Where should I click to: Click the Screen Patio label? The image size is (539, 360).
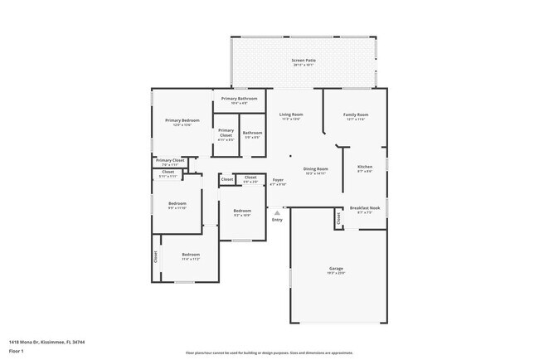pos(303,61)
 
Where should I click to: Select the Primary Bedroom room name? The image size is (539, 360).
pos(182,120)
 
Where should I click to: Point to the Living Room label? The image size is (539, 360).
pos(290,114)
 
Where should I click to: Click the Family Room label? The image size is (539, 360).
pos(356,114)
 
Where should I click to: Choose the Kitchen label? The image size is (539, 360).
pos(365,167)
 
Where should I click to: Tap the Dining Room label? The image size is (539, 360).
pos(315,168)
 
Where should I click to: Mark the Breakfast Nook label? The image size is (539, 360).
pos(365,208)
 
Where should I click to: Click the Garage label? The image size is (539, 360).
pos(337,269)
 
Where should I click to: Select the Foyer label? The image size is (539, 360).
pos(278,180)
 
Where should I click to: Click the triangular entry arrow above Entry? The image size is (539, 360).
pos(277,212)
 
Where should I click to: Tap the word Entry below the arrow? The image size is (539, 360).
pos(277,220)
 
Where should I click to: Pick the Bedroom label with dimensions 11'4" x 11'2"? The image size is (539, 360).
pos(191,255)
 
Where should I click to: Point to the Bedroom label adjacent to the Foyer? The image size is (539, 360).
pos(242,211)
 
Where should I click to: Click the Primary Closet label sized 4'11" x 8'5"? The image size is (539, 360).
pos(226,132)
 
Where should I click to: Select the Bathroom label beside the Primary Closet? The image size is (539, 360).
pos(252,133)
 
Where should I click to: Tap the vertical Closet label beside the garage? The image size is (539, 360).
pos(338,218)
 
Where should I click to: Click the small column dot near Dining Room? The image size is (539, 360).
pos(290,155)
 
